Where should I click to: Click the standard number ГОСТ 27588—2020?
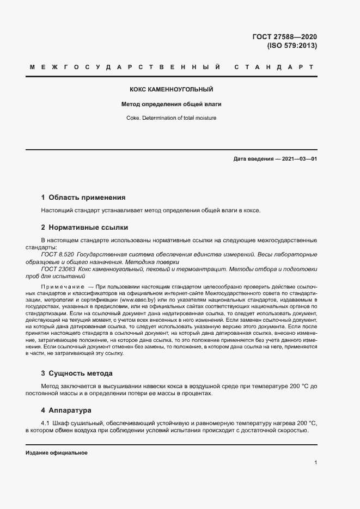coord(284,37)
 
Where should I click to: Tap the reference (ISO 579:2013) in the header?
coord(291,46)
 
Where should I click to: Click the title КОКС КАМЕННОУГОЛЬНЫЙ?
coord(171,89)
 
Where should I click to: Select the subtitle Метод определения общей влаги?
coord(171,103)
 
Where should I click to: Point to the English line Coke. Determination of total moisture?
coord(171,117)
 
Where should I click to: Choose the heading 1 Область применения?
coord(83,198)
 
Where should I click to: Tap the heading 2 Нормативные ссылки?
coord(84,227)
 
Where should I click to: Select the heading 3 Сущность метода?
coord(77,373)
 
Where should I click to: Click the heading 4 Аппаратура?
coord(66,410)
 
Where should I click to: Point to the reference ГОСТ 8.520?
coord(57,254)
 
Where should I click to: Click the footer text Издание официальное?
coord(56,453)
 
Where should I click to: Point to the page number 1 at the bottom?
coord(315,463)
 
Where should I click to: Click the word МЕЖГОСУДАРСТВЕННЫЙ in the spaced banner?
coord(125,68)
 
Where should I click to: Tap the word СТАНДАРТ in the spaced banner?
coord(274,68)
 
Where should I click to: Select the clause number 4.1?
coord(45,423)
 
